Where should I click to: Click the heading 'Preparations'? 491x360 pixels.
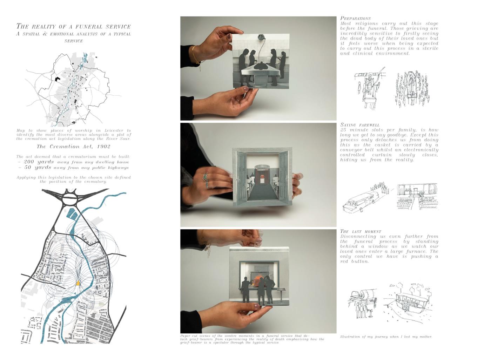(x=355, y=19)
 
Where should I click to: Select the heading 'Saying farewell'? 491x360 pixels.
(x=360, y=125)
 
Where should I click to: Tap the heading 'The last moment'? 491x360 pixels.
(x=361, y=232)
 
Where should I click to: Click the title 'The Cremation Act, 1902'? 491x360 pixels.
(x=73, y=147)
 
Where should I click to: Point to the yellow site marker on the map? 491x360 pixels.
(x=78, y=283)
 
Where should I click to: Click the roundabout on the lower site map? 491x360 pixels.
(x=71, y=198)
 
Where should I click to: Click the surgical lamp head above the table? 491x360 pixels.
(x=261, y=38)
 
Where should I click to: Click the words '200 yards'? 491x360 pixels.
(x=39, y=162)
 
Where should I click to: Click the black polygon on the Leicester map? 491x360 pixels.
(x=58, y=79)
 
